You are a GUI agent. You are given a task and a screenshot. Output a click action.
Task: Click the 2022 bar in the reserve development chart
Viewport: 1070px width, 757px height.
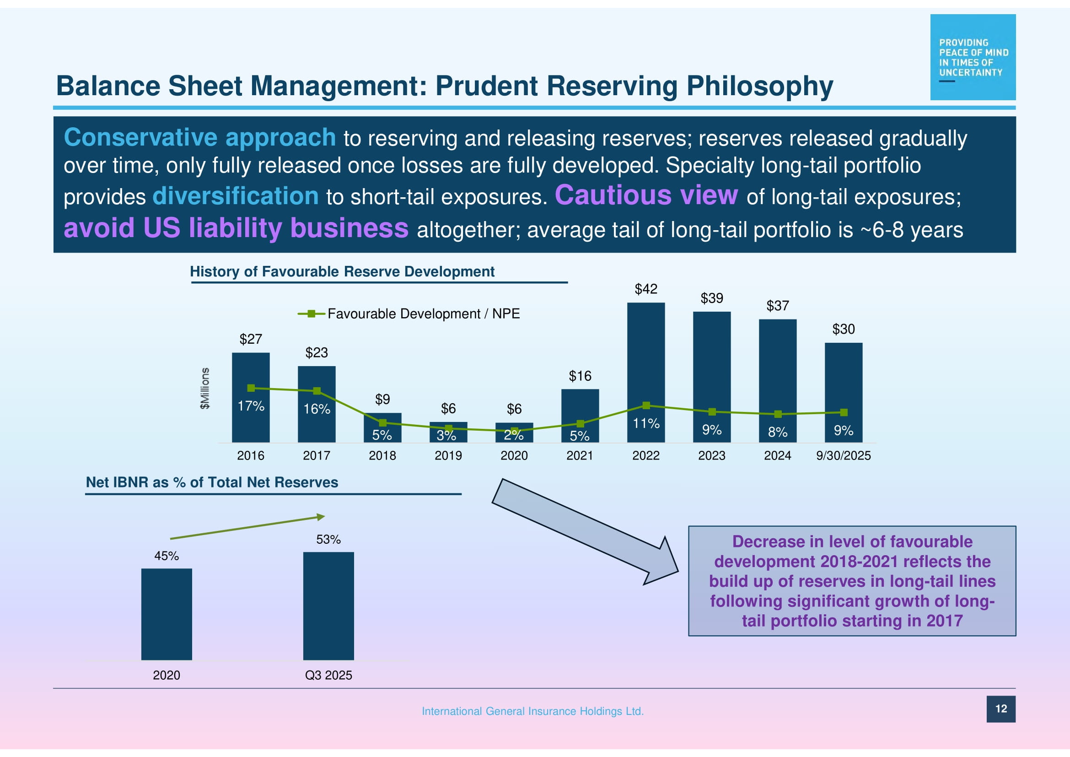[x=646, y=373]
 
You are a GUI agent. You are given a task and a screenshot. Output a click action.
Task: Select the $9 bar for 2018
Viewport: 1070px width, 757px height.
[x=382, y=427]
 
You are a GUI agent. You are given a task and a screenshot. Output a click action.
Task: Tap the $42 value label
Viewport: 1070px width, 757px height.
[x=646, y=289]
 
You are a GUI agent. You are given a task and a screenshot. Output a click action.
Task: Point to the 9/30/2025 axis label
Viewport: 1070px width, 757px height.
[x=843, y=455]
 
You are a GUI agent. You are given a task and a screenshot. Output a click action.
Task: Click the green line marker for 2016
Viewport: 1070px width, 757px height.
[x=251, y=388]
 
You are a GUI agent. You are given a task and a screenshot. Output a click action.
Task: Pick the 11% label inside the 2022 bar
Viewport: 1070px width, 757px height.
[x=646, y=423]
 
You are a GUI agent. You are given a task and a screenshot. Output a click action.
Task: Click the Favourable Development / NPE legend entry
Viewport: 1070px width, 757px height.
[x=409, y=314]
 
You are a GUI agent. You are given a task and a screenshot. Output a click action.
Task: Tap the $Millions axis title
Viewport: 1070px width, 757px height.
[x=204, y=388]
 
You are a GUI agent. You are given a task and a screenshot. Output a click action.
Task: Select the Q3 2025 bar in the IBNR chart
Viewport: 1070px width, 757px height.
[x=328, y=606]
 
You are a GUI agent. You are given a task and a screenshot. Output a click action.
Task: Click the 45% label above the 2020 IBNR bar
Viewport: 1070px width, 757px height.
[x=167, y=556]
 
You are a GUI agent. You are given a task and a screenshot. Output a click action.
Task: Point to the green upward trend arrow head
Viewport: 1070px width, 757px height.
[x=321, y=516]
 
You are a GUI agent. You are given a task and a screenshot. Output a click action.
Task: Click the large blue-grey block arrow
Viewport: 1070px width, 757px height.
[x=586, y=531]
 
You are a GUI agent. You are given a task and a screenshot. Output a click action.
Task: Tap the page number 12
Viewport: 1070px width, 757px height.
[x=1001, y=708]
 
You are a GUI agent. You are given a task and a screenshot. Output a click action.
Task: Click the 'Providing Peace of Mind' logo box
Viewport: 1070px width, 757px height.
[x=973, y=57]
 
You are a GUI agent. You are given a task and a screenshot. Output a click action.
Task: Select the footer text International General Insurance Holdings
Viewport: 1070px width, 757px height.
[x=532, y=711]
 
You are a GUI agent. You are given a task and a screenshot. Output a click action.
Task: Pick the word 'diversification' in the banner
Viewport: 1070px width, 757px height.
[x=235, y=196]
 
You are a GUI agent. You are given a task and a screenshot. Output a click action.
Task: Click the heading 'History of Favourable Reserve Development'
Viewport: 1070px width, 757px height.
[x=342, y=271]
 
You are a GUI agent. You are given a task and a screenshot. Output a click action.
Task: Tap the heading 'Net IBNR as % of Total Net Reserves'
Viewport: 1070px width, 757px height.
[x=212, y=482]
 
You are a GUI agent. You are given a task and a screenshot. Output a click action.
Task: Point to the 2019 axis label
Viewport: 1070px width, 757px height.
[x=448, y=455]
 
